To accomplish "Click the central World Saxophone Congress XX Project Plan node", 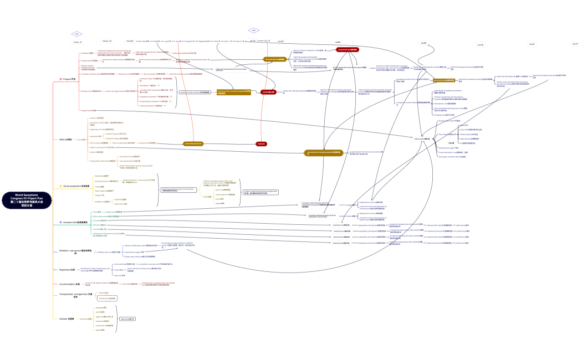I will point(26,200).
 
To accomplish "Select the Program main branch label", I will point(69,79).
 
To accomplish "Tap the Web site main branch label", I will point(65,140).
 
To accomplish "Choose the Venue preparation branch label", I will point(76,186).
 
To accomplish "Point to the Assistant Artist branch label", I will point(75,223).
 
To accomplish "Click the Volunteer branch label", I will point(67,318).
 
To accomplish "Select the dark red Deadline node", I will point(268,92).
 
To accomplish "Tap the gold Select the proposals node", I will point(275,59).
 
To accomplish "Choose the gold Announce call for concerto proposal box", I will point(233,92).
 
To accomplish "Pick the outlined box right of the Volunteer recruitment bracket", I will point(127,319).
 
